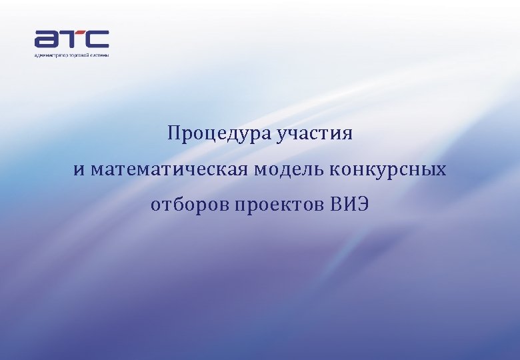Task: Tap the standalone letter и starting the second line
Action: tap(79, 171)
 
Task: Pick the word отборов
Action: tap(189, 205)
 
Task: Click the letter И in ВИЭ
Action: tap(348, 205)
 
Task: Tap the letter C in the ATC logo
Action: tap(97, 39)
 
